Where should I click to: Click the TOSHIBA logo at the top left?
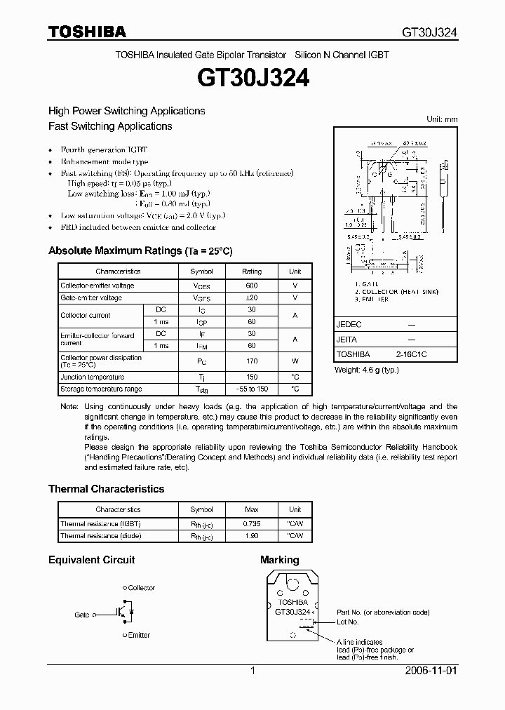click(87, 32)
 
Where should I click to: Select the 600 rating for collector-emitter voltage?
click(252, 286)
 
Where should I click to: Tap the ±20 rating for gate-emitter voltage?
click(252, 298)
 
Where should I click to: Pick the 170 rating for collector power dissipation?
click(252, 361)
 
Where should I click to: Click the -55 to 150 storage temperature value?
click(252, 389)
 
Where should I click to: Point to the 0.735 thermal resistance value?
click(252, 523)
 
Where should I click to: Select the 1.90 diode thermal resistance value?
click(252, 536)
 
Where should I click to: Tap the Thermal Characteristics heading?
click(106, 489)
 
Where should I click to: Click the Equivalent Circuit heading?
click(91, 560)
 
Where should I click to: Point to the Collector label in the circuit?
click(141, 588)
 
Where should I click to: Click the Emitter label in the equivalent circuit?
click(138, 635)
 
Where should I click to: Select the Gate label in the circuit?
click(82, 615)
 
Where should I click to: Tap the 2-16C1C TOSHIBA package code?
click(410, 355)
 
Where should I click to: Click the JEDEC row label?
click(349, 326)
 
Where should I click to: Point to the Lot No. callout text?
click(347, 622)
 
